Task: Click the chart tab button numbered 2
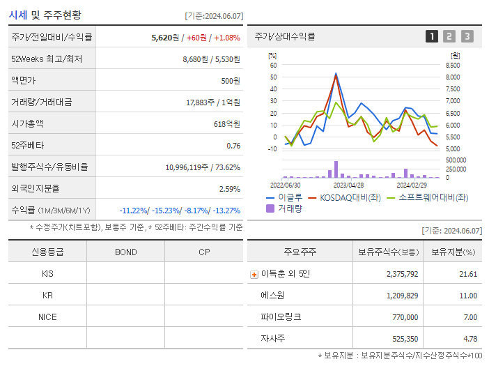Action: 449,36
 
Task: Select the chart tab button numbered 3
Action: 467,36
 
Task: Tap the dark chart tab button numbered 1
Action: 432,36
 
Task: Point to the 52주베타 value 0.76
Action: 233,146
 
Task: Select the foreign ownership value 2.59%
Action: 229,189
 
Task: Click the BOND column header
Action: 125,252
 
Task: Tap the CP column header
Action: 204,252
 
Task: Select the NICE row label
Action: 47,317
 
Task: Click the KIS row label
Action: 47,273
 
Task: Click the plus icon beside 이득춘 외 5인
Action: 254,274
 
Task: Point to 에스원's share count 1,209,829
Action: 398,296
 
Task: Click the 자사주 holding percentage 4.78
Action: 469,339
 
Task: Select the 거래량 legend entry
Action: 288,208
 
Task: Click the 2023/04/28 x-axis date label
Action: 348,185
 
